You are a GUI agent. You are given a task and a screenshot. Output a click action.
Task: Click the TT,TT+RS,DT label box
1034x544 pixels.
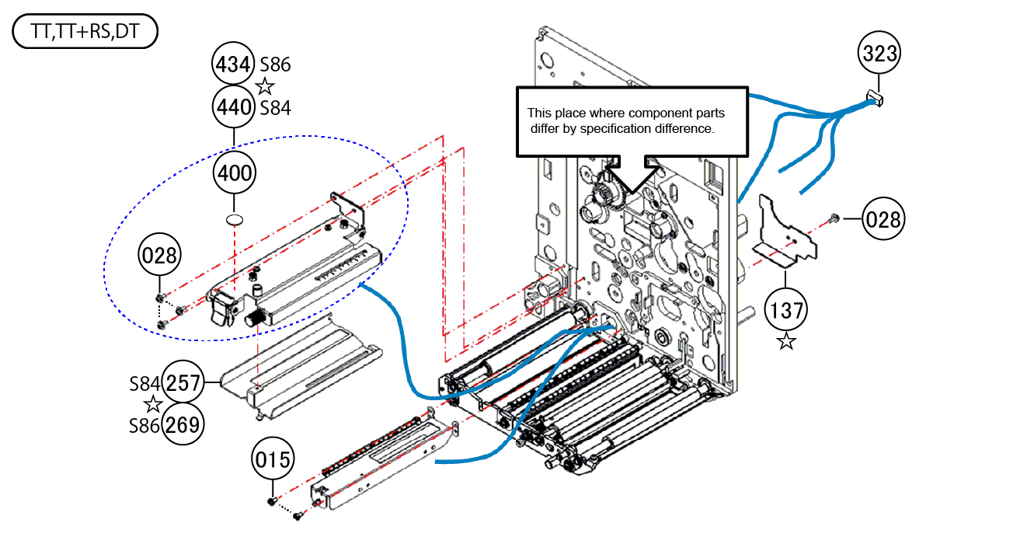pos(85,33)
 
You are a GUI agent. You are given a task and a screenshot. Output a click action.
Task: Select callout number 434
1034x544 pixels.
pos(234,64)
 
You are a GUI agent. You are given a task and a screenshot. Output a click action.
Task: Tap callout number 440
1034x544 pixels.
pos(234,106)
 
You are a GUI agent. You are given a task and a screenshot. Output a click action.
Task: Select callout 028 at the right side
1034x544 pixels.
pos(883,219)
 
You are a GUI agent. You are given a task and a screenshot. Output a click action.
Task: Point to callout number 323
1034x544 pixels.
pos(879,54)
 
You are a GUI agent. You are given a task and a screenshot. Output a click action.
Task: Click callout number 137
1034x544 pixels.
pos(786,310)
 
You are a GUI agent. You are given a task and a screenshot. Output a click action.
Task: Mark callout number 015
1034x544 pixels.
pos(273,460)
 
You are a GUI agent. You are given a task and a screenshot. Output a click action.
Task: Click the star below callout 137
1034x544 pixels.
pos(786,341)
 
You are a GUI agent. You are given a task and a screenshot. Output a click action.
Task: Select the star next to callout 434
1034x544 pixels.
pos(266,85)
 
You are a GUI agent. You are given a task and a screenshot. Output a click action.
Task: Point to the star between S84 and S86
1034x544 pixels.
pos(152,404)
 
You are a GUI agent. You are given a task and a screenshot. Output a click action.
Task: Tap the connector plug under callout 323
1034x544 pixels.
pos(876,98)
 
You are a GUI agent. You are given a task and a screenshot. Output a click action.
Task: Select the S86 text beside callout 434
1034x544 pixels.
pos(276,65)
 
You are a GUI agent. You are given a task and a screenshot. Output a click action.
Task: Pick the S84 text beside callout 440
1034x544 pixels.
pos(276,107)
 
